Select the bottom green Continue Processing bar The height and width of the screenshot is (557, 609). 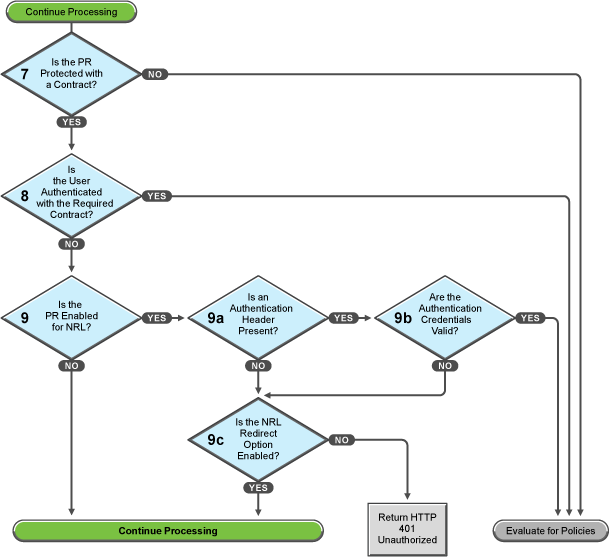tap(167, 530)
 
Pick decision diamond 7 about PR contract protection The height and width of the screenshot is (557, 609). tap(71, 74)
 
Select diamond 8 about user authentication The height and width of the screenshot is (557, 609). tap(71, 196)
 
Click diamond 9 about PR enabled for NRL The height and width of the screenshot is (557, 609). tap(71, 318)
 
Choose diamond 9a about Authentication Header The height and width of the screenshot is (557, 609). tap(258, 318)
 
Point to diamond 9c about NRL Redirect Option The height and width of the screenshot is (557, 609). tap(258, 439)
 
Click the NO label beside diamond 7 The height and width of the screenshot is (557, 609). tap(155, 74)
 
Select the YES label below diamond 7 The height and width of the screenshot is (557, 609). tap(72, 121)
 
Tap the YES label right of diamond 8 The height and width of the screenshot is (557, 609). tap(156, 196)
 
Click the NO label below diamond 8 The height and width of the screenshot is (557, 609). tap(72, 243)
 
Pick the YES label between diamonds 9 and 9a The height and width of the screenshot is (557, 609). tap(156, 318)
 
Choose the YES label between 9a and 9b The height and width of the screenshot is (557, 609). tap(343, 318)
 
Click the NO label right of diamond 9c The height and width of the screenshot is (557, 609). tap(341, 439)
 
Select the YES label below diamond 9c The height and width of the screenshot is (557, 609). tap(259, 486)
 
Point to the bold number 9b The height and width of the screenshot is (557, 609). tap(402, 318)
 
